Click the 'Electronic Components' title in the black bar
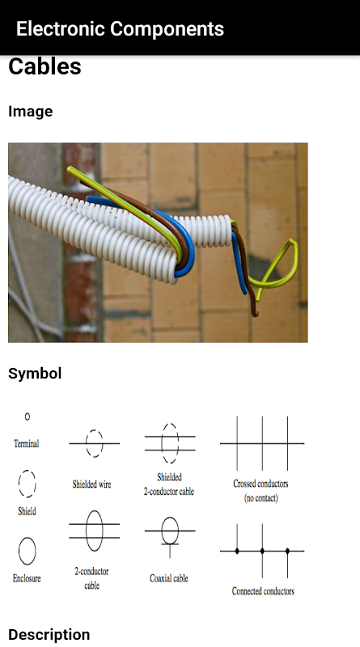(120, 29)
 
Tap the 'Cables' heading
(44, 66)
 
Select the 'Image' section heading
(31, 112)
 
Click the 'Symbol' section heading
(35, 374)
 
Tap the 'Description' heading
(49, 635)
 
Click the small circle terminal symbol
(28, 417)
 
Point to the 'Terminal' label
(27, 443)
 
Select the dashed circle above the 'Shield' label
(19, 484)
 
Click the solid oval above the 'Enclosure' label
(19, 552)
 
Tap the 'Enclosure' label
(27, 578)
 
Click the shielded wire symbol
(94, 443)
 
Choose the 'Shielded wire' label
(91, 484)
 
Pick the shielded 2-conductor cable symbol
(170, 443)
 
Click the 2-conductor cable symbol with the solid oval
(94, 531)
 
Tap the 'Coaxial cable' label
(169, 578)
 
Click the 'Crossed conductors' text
(260, 484)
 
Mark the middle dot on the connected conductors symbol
(262, 551)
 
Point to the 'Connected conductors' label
(263, 591)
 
